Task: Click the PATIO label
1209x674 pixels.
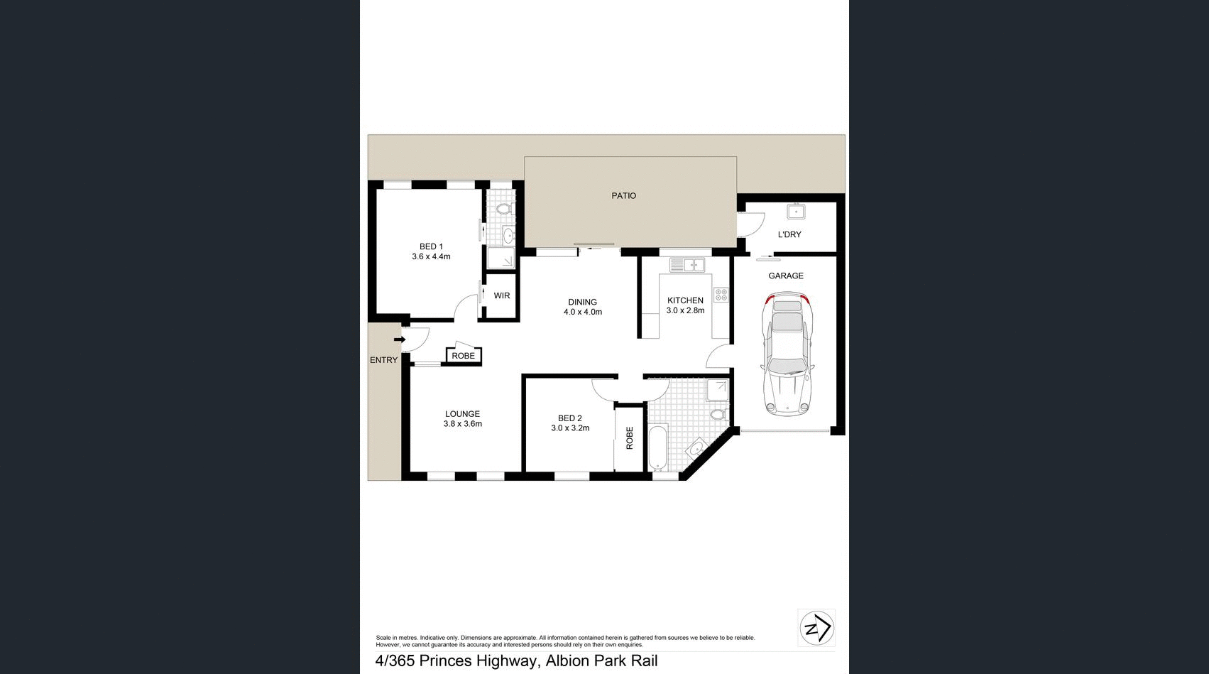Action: click(623, 195)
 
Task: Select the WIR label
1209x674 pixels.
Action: click(502, 295)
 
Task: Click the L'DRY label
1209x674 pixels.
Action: click(789, 234)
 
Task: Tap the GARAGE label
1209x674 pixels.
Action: click(786, 276)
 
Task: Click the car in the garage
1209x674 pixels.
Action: click(787, 355)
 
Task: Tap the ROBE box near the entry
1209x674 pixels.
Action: click(463, 356)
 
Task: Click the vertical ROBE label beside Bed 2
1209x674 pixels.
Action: click(629, 437)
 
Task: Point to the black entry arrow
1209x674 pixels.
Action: click(400, 339)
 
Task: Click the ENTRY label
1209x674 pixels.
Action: click(383, 360)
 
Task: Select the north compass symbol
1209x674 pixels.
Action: click(816, 628)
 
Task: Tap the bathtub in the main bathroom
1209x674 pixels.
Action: click(658, 447)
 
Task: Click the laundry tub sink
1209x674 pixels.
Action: click(797, 211)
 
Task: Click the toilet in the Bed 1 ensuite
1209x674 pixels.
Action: click(504, 209)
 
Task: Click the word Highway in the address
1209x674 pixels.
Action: click(498, 661)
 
